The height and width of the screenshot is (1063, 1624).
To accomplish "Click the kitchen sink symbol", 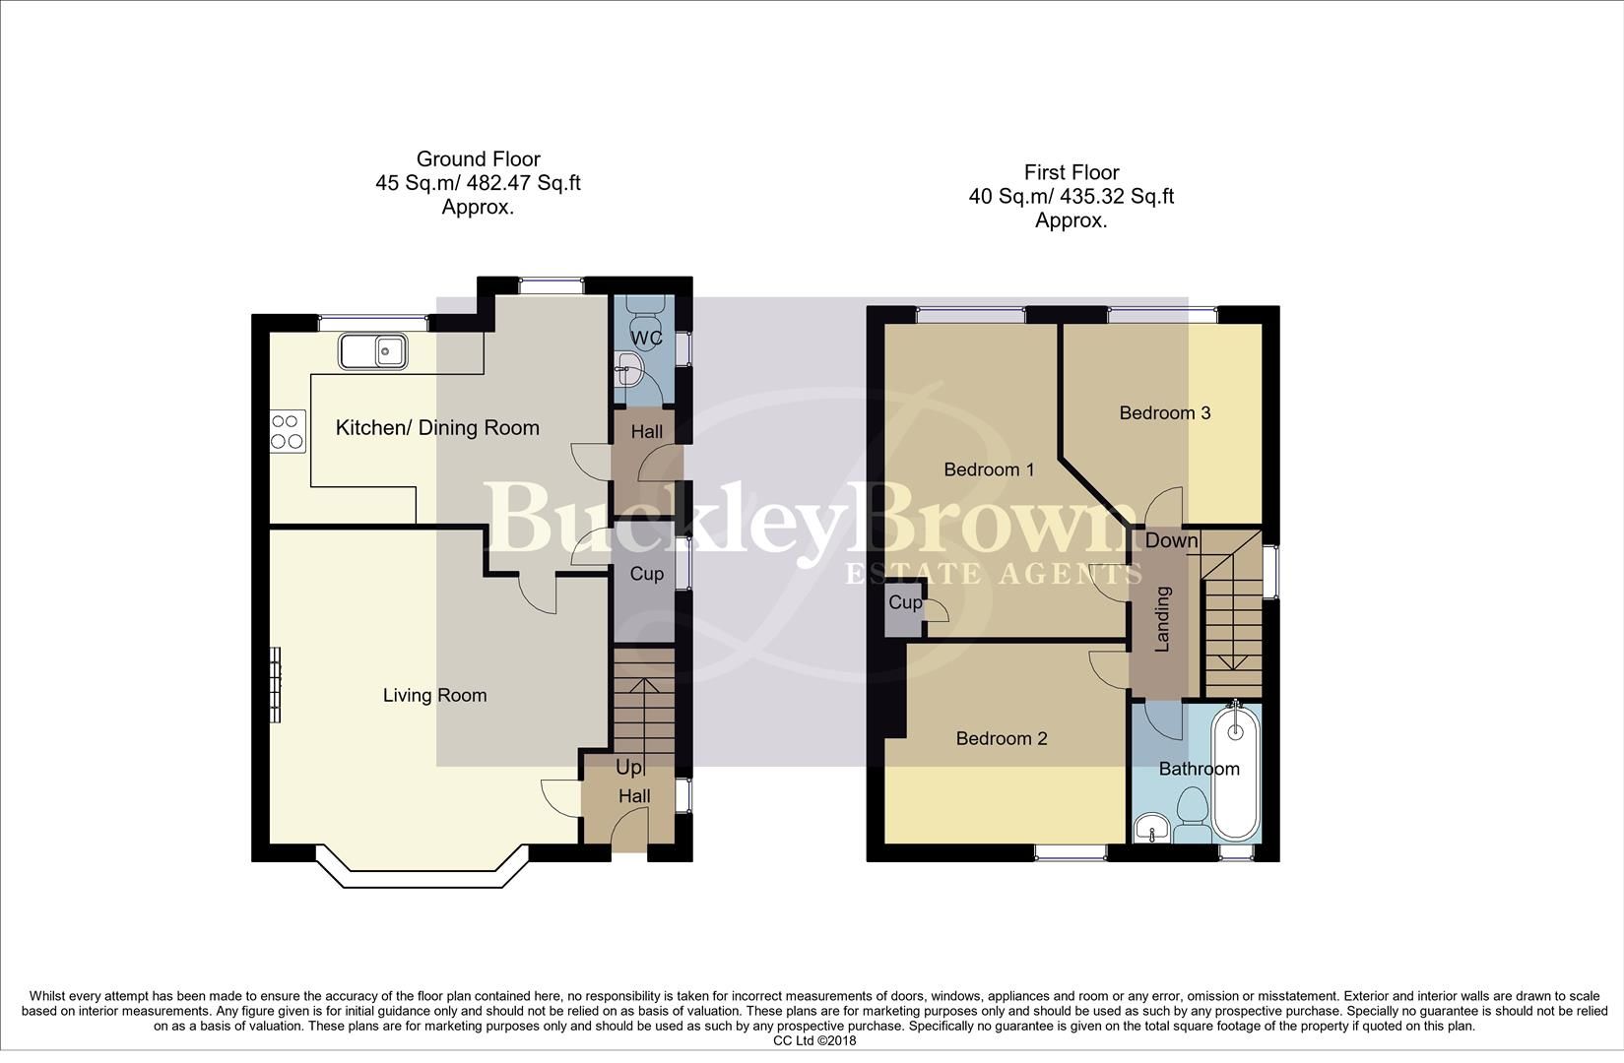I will tap(373, 350).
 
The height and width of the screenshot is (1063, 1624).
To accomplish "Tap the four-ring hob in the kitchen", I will tap(288, 431).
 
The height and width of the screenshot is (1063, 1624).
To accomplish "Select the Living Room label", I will tap(434, 696).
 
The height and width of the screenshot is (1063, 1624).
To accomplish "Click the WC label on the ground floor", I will tap(647, 339).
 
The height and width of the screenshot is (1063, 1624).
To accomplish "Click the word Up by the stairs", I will tap(628, 767).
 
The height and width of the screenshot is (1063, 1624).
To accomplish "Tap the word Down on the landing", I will tap(1171, 540).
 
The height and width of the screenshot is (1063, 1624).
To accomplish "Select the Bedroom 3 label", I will tap(1164, 413).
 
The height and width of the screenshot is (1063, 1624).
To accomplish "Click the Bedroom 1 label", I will tap(989, 469).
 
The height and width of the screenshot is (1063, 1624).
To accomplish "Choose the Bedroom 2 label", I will tap(1001, 739).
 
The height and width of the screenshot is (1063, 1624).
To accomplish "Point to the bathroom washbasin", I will tap(1150, 828).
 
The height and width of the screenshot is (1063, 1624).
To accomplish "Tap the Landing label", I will tap(1162, 619).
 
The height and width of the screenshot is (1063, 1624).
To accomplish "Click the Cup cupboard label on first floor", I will tap(905, 602).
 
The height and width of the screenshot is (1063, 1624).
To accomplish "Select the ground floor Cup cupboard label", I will tap(646, 574).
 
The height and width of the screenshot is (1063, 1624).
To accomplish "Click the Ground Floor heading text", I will tap(478, 159).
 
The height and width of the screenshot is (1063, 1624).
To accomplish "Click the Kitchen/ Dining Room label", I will tap(437, 428).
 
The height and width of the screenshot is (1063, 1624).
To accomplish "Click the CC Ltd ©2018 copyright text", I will tap(814, 1040).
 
